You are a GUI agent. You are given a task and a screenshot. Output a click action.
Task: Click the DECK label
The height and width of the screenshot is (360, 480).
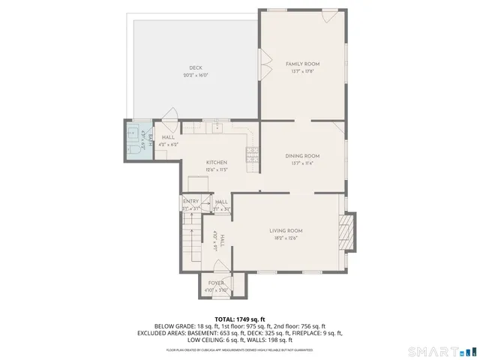point(195,67)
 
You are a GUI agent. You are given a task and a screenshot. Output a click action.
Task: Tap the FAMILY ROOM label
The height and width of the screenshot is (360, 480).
point(303,64)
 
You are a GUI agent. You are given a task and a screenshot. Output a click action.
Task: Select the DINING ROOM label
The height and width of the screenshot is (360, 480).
point(303,156)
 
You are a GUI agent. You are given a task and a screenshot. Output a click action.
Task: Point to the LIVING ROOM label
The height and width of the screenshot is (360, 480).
point(286,230)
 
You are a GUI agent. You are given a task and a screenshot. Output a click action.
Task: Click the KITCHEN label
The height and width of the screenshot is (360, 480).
point(217,162)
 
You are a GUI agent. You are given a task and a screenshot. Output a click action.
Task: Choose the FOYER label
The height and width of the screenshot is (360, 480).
point(216,283)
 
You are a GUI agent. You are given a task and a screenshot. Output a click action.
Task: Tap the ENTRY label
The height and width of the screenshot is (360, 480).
point(190,201)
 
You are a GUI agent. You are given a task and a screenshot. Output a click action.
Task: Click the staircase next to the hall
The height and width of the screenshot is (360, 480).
point(191,240)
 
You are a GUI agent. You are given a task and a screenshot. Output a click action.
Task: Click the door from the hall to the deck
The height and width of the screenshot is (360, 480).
point(171,115)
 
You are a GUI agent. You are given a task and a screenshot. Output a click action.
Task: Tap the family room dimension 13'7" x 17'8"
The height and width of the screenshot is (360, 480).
point(303,72)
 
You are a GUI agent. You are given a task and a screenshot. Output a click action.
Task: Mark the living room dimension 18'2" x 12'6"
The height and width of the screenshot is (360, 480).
point(286,238)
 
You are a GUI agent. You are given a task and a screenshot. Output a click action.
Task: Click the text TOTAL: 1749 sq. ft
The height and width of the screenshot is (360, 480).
point(240,319)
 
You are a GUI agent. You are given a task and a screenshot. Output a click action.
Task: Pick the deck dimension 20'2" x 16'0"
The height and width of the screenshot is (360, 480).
point(195,75)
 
